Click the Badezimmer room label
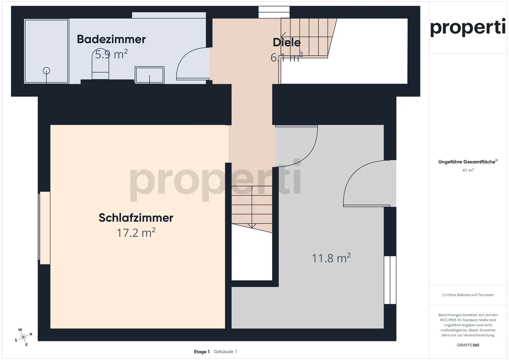tap(111, 39)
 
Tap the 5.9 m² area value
tap(111, 54)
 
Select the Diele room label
tap(287, 42)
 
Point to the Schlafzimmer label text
tap(136, 218)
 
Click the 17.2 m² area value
tap(136, 233)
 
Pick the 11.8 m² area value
tap(331, 258)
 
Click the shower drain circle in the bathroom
tap(46, 71)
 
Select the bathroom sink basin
tap(150, 75)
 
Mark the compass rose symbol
tap(23, 337)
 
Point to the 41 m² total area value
tap(468, 170)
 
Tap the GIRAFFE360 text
tap(468, 345)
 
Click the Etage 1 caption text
tap(202, 352)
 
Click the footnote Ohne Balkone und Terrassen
tap(468, 295)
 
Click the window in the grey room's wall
tap(390, 280)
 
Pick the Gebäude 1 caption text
tap(225, 352)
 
